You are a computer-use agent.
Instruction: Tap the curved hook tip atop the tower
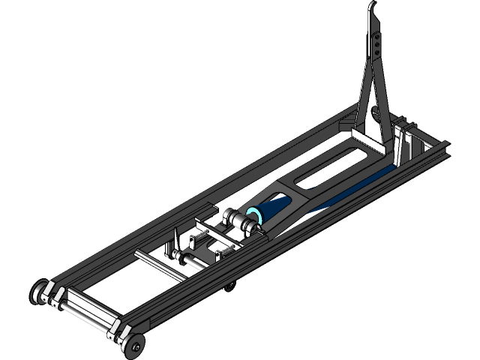coord(372,9)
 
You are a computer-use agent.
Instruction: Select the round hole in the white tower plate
coord(374,113)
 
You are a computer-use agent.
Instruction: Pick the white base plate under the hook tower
coord(367,136)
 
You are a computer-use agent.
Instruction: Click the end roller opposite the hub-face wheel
coord(39,290)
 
